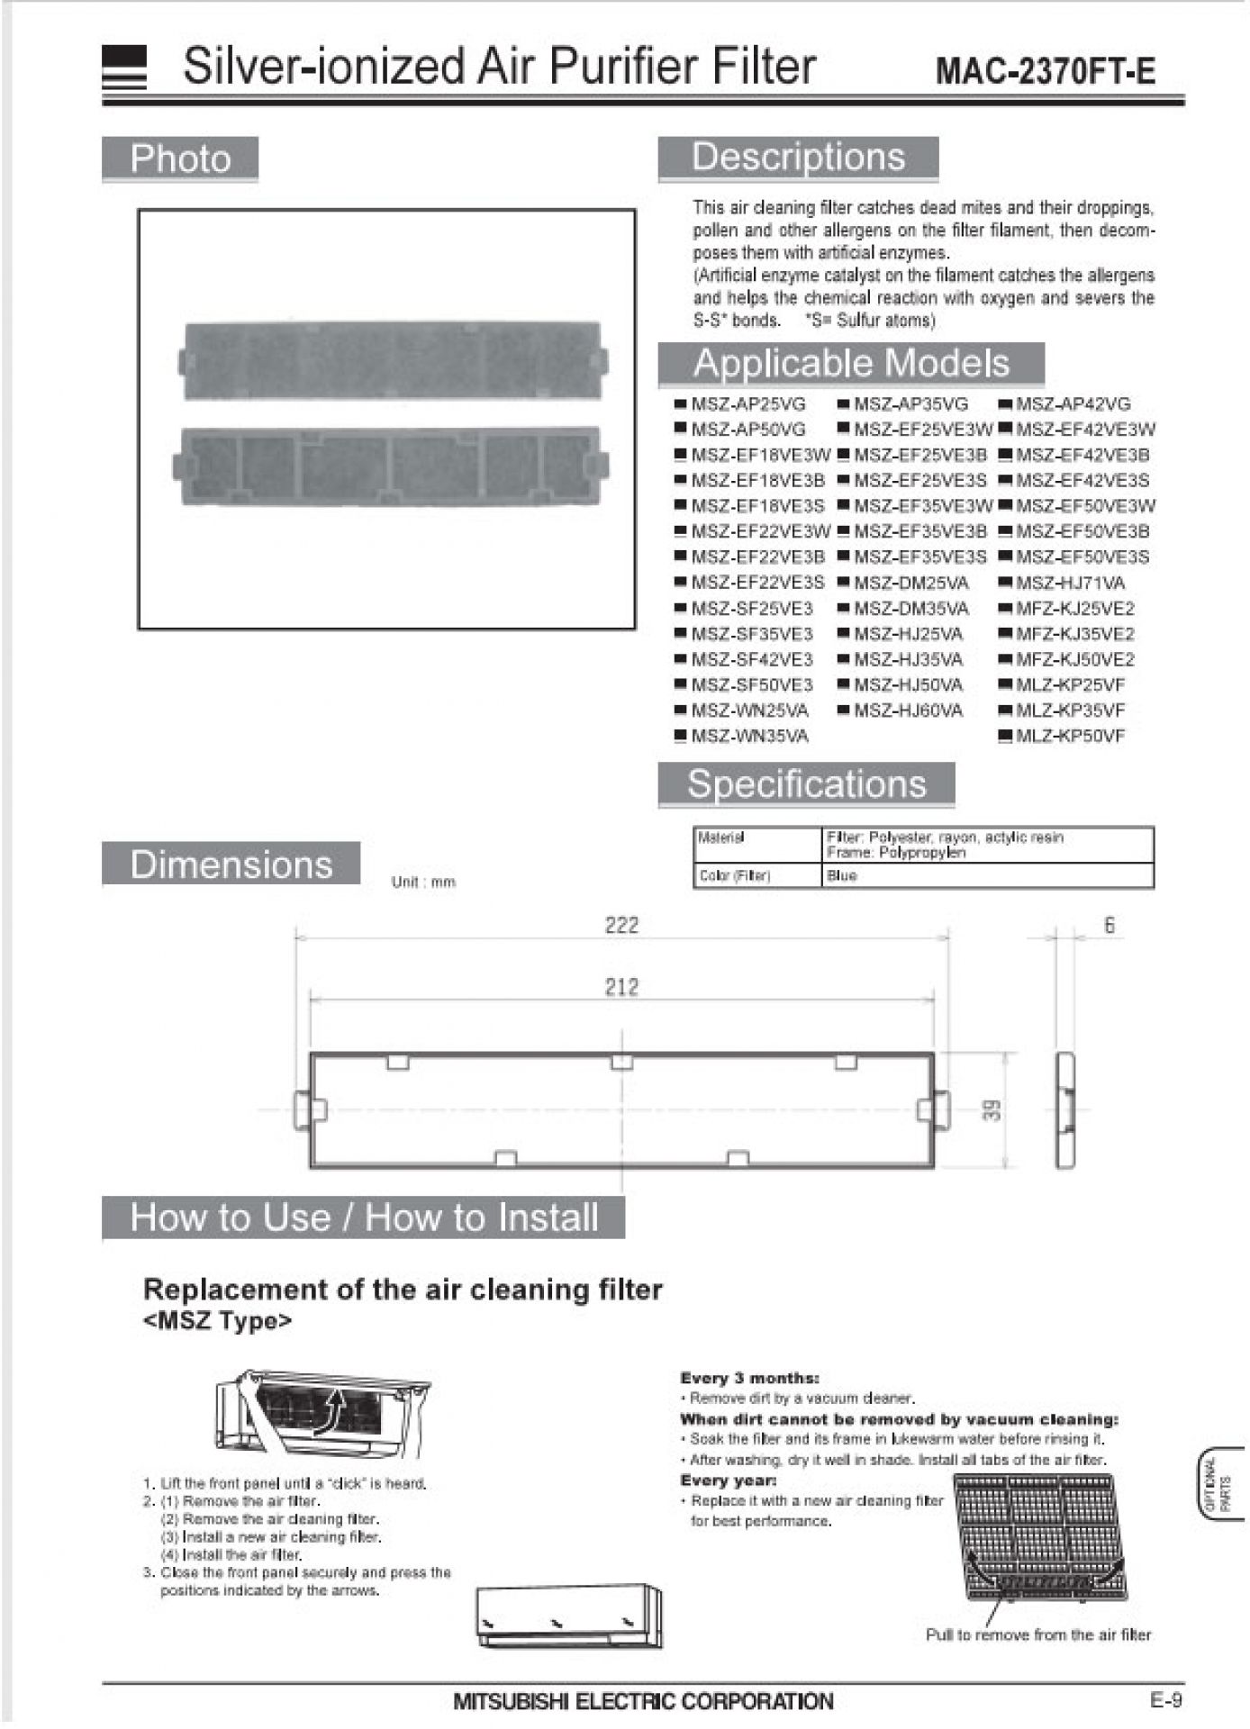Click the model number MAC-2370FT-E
pyautogui.click(x=1045, y=70)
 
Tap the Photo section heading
pyautogui.click(x=180, y=159)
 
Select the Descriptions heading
pyautogui.click(x=798, y=158)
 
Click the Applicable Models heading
pyautogui.click(x=851, y=364)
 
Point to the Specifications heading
pyautogui.click(x=806, y=784)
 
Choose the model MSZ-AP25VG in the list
pyautogui.click(x=747, y=404)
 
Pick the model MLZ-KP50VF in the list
pyautogui.click(x=1070, y=736)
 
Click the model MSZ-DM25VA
pyautogui.click(x=910, y=583)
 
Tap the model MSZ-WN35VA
pyautogui.click(x=749, y=736)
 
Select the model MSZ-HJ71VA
pyautogui.click(x=1070, y=583)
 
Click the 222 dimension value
pyautogui.click(x=621, y=925)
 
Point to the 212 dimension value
pyautogui.click(x=621, y=987)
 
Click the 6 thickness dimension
pyautogui.click(x=1109, y=925)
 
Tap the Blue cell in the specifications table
pyautogui.click(x=842, y=875)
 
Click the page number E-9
pyautogui.click(x=1165, y=1699)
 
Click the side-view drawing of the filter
pyautogui.click(x=1064, y=1110)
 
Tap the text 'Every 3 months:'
pyautogui.click(x=749, y=1377)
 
